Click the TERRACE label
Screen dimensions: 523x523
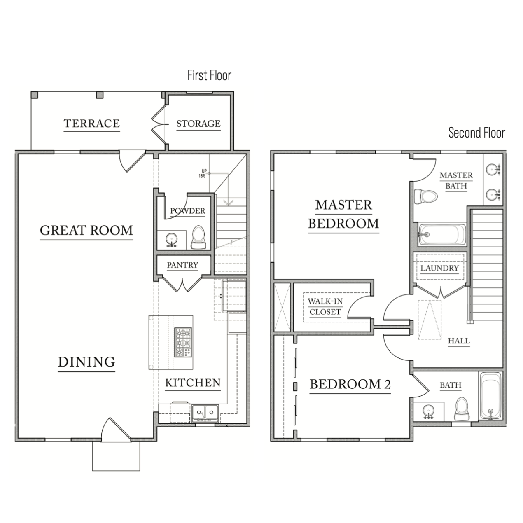(92, 124)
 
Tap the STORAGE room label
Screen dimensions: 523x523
(198, 124)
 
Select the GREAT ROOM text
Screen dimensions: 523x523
(86, 231)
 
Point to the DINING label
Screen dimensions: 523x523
(86, 362)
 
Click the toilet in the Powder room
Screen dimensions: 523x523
(198, 237)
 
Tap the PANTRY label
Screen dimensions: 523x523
(182, 265)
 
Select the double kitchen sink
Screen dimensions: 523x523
(205, 413)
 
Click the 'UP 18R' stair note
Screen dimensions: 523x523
(202, 173)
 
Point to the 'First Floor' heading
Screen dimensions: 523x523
(209, 75)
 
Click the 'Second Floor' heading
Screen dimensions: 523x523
(476, 133)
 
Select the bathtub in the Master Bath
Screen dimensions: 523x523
(442, 235)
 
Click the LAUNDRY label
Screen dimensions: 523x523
(439, 268)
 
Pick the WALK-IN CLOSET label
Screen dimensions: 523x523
(325, 306)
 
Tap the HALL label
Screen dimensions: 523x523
(459, 341)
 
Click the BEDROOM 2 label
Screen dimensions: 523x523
(350, 384)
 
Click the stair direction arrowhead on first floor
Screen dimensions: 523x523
(229, 203)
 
